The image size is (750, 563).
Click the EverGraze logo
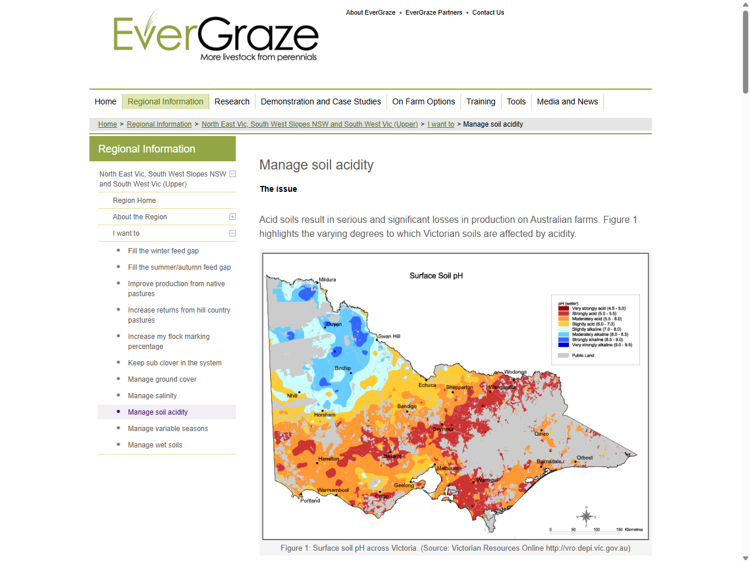pos(216,36)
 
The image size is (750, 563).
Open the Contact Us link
pos(487,12)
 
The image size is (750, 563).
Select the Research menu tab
pos(231,101)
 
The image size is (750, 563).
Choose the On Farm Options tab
pos(423,101)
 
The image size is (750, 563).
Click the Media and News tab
pos(567,101)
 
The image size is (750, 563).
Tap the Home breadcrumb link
pos(107,124)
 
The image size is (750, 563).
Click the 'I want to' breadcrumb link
pos(441,124)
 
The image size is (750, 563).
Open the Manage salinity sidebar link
pos(152,396)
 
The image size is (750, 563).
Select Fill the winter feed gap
pos(163,251)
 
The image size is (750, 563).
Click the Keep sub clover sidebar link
pos(175,363)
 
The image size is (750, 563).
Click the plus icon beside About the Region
pos(233,217)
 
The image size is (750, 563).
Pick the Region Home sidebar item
pos(134,201)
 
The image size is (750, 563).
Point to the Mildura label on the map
pos(327,280)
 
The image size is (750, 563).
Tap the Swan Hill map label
pos(389,337)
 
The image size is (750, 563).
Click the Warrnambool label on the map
pos(333,490)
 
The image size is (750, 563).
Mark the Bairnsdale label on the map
pos(549,462)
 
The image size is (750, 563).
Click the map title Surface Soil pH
pos(436,276)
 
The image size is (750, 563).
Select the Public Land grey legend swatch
pos(563,355)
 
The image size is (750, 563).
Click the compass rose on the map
pos(586,516)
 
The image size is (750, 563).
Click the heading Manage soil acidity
pos(316,165)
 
